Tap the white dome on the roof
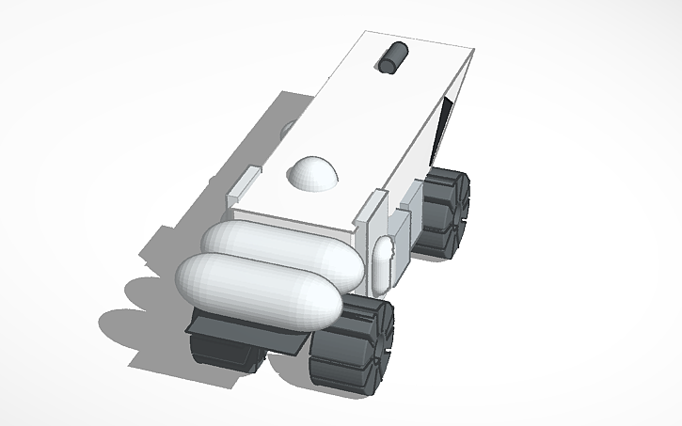click(313, 172)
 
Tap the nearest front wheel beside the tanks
click(353, 343)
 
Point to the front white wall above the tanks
click(301, 212)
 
